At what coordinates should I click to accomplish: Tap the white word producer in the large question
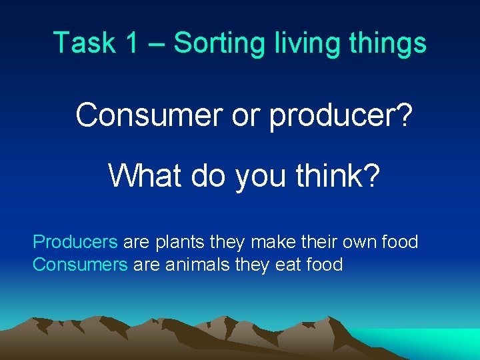(340, 116)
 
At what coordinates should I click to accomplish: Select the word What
(146, 175)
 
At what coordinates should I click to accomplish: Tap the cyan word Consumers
(80, 265)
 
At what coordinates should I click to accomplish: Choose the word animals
(195, 265)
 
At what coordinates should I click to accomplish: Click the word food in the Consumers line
(325, 265)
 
